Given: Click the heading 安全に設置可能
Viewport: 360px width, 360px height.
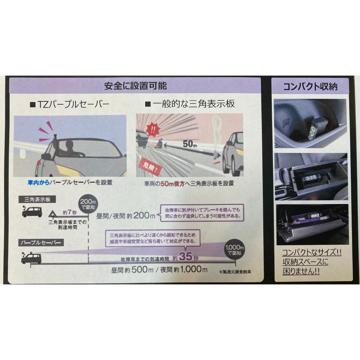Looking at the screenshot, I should coord(135,86).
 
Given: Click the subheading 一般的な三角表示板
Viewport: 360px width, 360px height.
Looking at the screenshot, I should coord(190,104).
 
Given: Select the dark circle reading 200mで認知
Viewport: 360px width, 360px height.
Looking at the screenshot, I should coord(88,204).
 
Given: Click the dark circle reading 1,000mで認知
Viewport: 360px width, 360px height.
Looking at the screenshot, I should coord(235,250).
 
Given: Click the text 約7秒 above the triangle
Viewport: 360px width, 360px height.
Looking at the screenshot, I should coord(69,212).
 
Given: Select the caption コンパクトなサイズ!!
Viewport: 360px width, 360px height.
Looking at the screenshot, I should coord(311,253).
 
